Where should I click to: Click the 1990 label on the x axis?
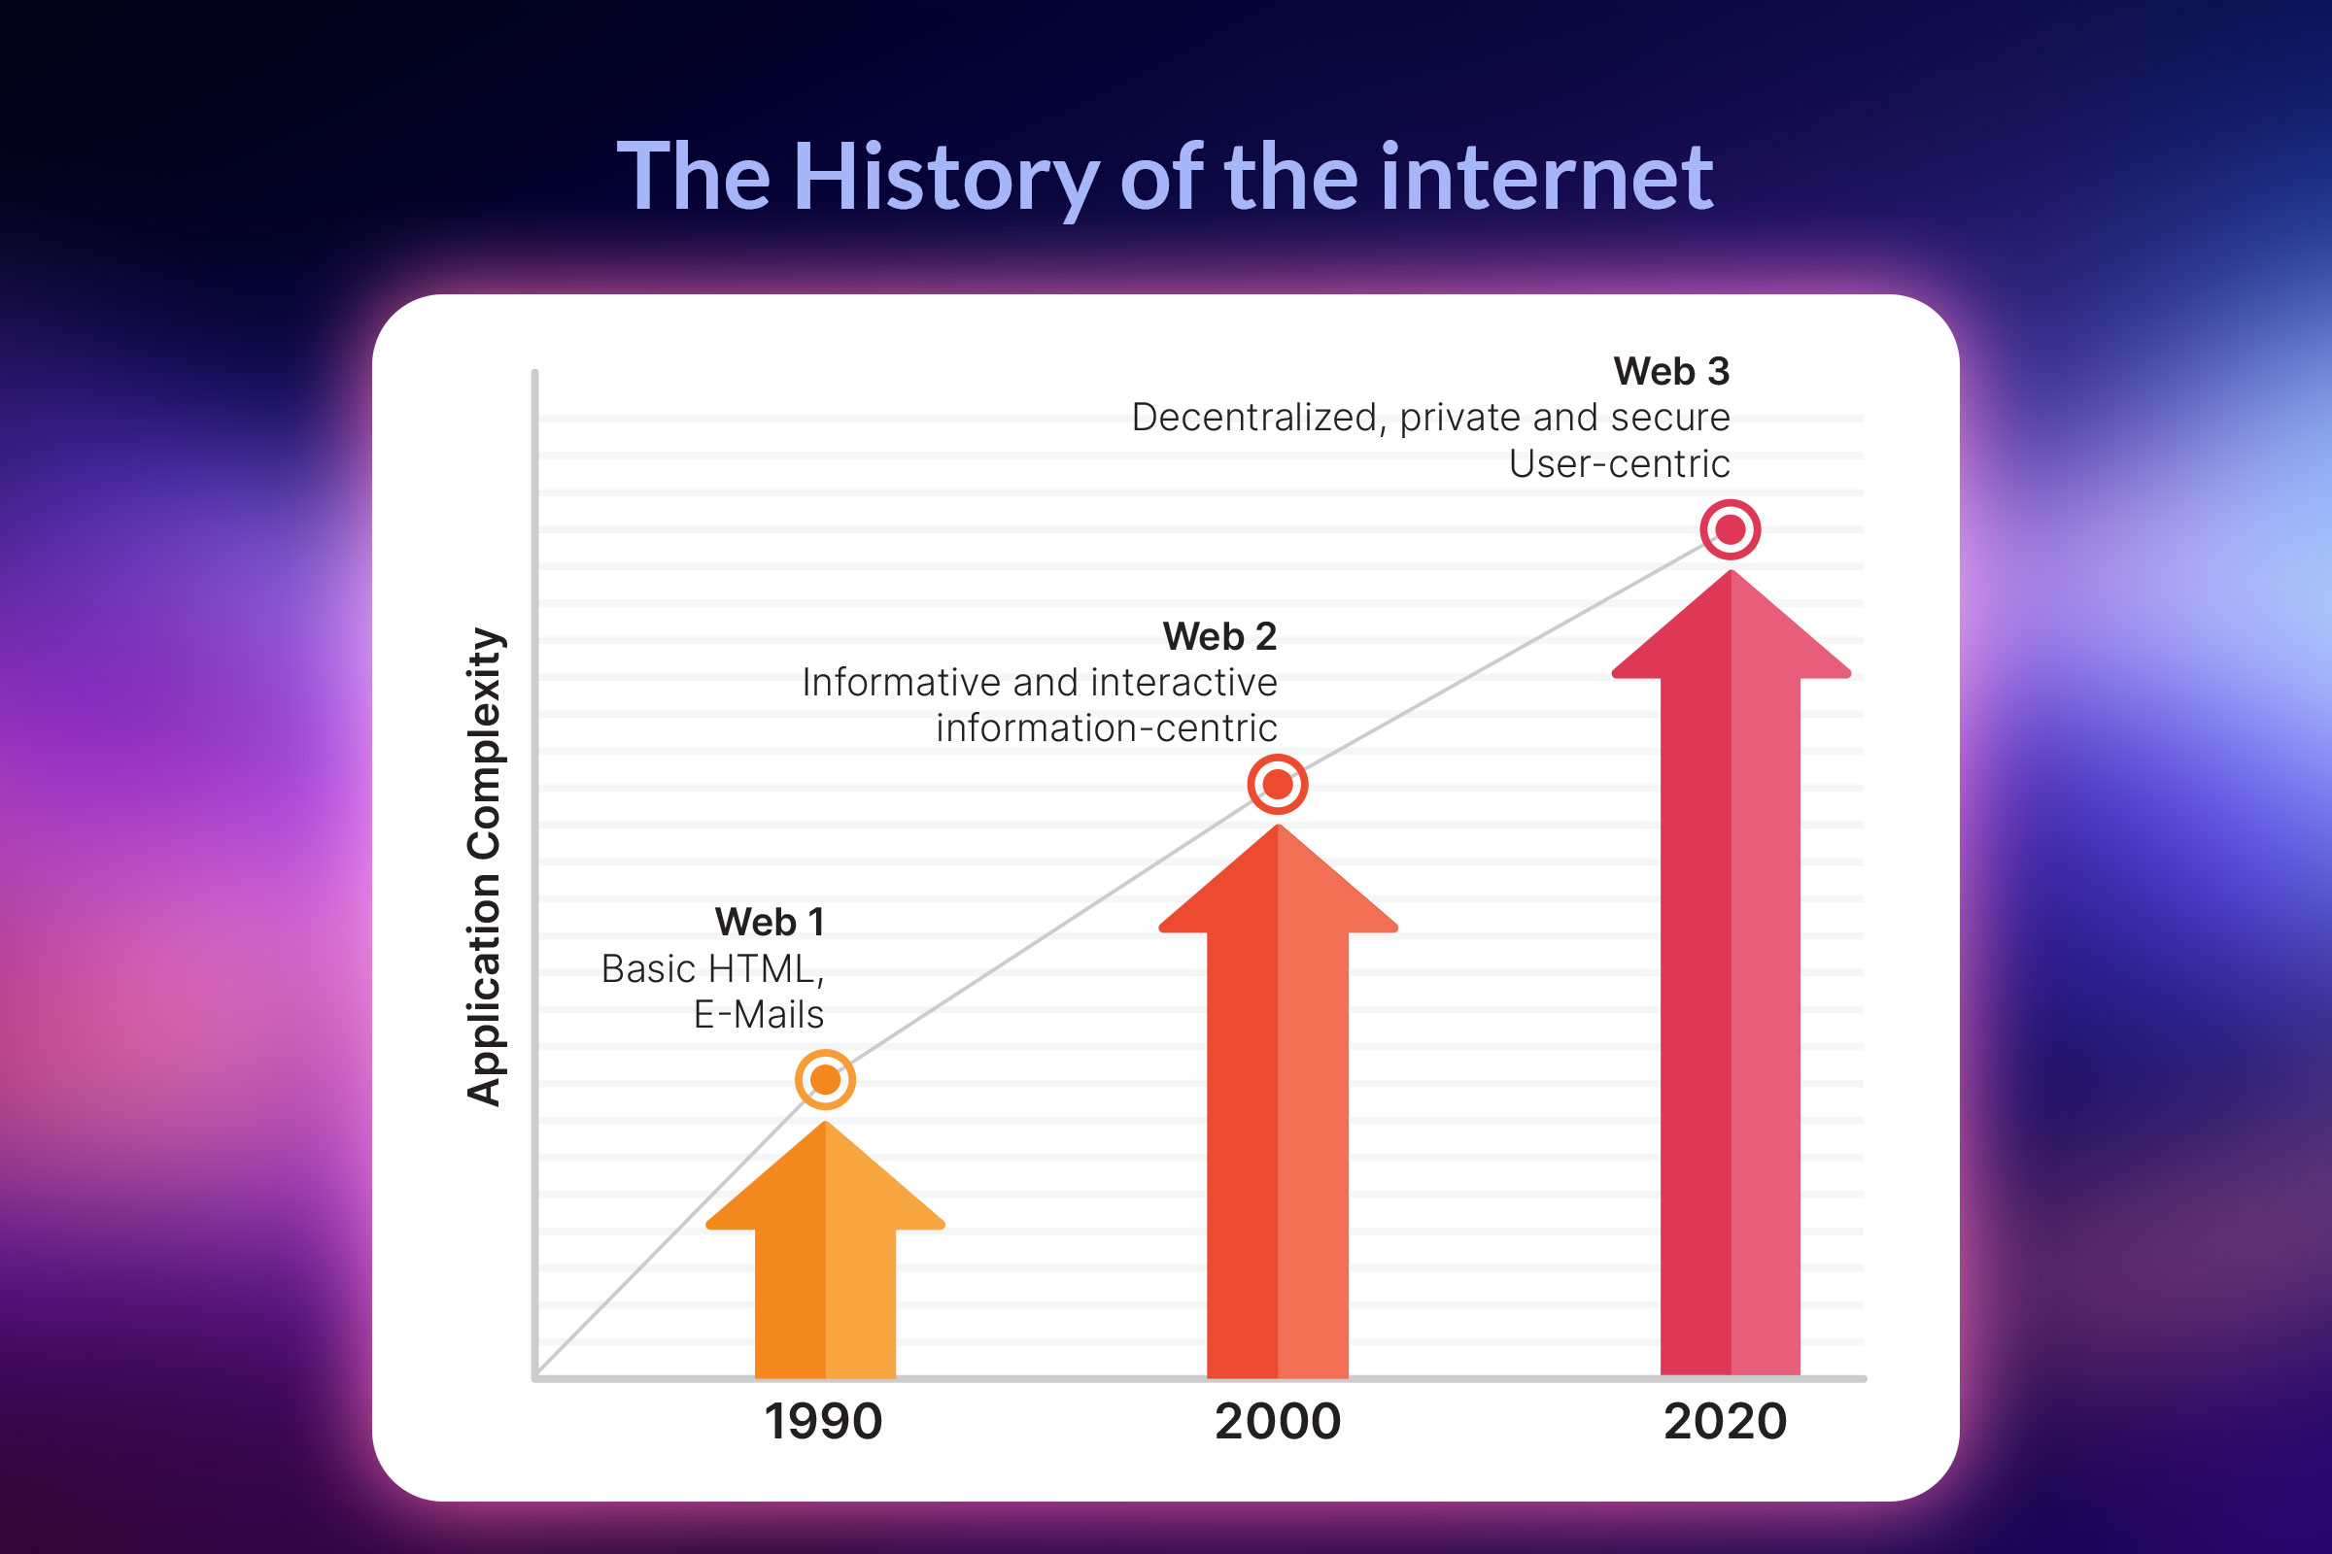point(823,1421)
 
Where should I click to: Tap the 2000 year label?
point(1277,1421)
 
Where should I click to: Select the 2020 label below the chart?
point(1726,1421)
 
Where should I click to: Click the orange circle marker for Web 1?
point(825,1079)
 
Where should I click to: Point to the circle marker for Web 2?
point(1277,784)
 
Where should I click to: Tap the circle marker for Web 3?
point(1731,529)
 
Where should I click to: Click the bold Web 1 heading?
point(770,923)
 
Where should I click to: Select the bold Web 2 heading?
point(1219,636)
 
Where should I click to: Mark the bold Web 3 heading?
point(1671,372)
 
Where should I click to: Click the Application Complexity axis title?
point(485,867)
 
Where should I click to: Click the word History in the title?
point(945,179)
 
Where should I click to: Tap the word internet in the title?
point(1547,179)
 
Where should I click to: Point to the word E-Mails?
point(759,1015)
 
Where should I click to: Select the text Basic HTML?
point(710,969)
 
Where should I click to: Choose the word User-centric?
point(1619,464)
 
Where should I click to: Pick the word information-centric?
point(1107,728)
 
